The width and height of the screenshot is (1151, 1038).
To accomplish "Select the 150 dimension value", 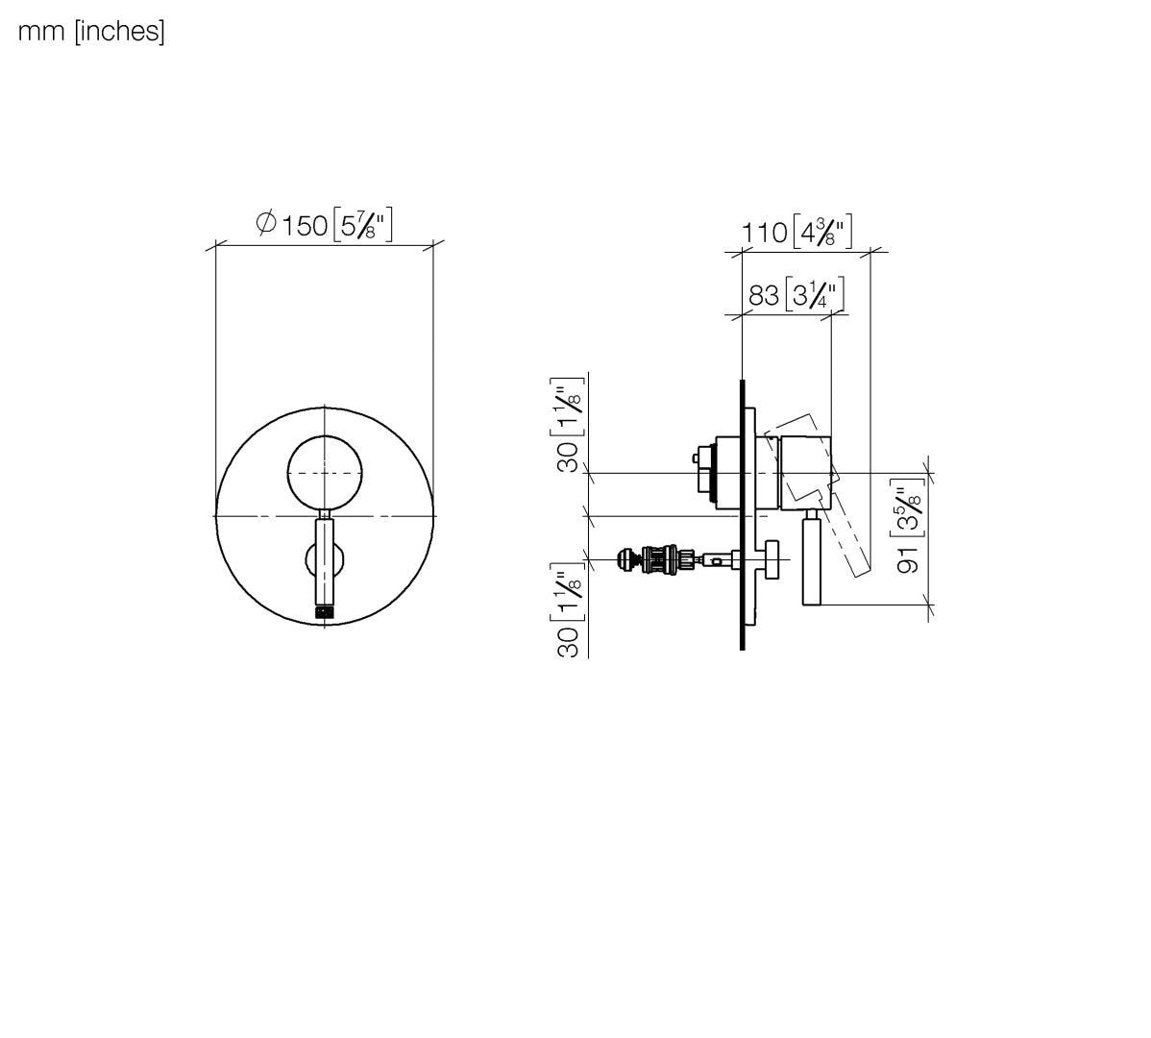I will pos(306,226).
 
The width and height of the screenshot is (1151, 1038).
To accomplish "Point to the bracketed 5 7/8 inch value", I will pos(362,226).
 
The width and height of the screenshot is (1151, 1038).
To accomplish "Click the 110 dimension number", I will pos(764,233).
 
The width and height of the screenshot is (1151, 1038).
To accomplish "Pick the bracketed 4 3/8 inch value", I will pos(822,233).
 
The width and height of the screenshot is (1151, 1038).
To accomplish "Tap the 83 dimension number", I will pos(764,295).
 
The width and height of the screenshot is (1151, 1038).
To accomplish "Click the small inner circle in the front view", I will pos(326,472).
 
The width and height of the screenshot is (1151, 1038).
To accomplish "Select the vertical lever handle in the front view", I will pos(326,562).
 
